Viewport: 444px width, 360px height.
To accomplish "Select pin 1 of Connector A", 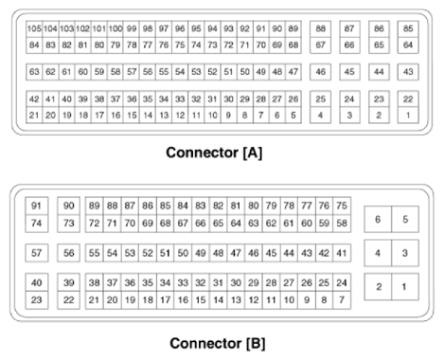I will (408, 115).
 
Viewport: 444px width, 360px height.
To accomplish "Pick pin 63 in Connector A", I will (34, 72).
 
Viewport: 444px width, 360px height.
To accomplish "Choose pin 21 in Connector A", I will (34, 115).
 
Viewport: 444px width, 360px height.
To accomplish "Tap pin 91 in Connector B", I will (37, 207).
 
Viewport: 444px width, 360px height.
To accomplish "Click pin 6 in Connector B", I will (378, 220).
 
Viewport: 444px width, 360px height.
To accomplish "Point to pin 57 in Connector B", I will (37, 253).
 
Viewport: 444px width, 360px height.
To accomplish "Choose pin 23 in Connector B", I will (37, 299).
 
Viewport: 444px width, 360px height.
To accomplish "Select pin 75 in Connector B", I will (342, 207).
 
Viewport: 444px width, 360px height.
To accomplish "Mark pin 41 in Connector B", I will (342, 253).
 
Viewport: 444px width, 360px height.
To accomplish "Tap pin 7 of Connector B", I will (342, 299).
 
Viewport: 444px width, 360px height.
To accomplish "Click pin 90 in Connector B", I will (68, 207).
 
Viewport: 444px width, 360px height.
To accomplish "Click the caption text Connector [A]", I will (222, 151).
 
